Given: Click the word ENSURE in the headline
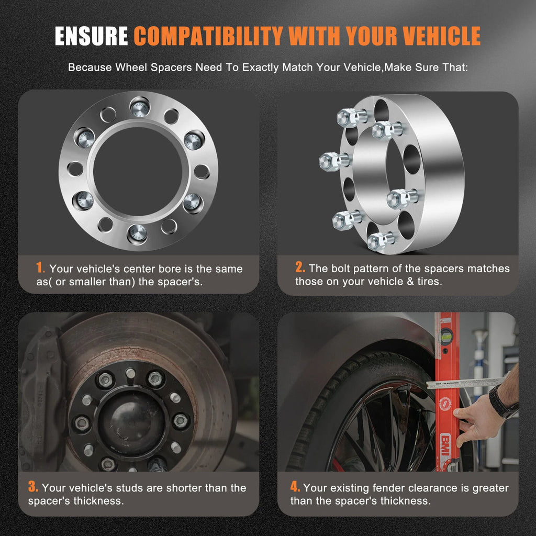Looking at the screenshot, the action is (x=91, y=36).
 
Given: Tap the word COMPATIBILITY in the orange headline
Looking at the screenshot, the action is (x=208, y=36).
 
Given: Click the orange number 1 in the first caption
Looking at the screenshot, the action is (x=40, y=267).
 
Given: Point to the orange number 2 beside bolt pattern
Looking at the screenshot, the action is (x=300, y=267).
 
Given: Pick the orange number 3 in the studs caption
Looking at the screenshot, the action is (x=33, y=486).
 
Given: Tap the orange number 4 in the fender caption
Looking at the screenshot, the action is (x=295, y=486).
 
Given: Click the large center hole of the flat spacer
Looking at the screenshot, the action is (x=138, y=171).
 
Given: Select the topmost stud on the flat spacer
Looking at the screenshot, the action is (x=140, y=107).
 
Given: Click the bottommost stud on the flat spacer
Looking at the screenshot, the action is (x=137, y=234).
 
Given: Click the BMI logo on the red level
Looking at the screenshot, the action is (x=445, y=444).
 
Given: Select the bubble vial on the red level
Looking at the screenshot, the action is (x=446, y=336).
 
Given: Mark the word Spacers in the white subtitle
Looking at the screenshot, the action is (x=171, y=68).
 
